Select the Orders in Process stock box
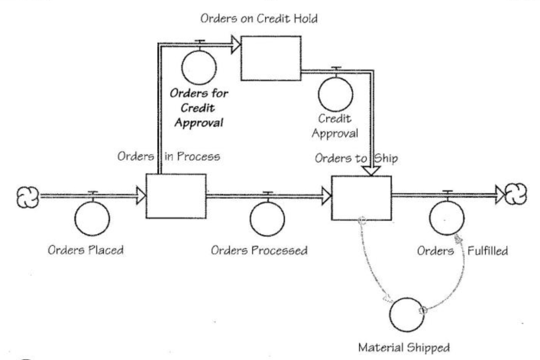tap(176, 196)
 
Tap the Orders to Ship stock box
tap(361, 198)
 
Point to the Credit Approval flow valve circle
tap(335, 86)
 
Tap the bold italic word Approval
tap(199, 123)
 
